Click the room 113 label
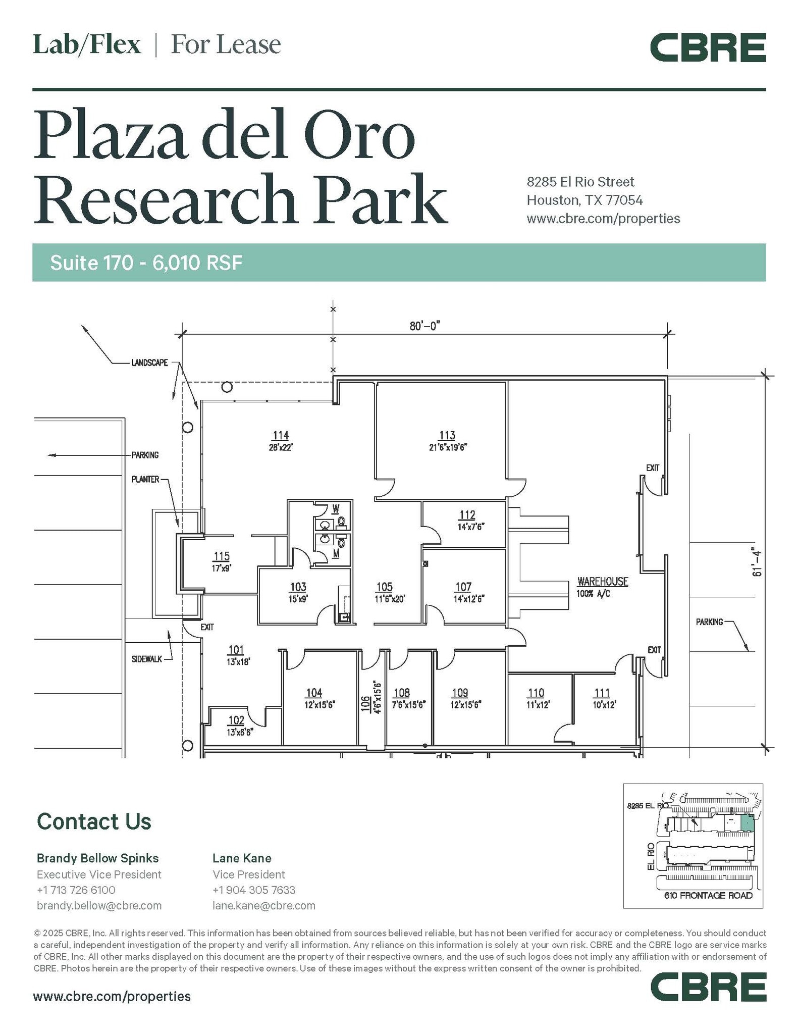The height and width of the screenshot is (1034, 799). click(x=447, y=435)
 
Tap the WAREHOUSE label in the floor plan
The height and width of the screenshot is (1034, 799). click(x=603, y=582)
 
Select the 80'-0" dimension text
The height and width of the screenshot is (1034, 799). click(x=425, y=326)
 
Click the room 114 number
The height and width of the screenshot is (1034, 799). click(x=281, y=435)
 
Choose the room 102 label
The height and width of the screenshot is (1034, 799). click(x=236, y=720)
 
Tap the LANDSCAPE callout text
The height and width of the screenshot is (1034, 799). click(x=149, y=363)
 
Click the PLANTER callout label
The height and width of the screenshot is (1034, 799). click(x=145, y=479)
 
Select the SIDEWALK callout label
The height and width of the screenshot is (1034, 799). click(x=147, y=659)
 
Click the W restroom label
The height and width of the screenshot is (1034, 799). click(x=336, y=508)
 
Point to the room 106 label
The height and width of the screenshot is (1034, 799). click(x=365, y=704)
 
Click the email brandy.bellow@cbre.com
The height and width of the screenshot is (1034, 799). click(x=99, y=905)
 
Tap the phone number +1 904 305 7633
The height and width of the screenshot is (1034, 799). click(x=254, y=890)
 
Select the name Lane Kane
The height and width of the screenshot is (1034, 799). click(x=242, y=858)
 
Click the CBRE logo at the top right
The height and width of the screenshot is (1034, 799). click(x=708, y=48)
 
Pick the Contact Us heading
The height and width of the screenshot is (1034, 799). click(x=94, y=821)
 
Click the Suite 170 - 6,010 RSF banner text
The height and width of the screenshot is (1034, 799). click(x=146, y=263)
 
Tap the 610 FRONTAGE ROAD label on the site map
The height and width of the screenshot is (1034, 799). click(x=708, y=895)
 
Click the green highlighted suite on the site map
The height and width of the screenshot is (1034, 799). click(x=747, y=823)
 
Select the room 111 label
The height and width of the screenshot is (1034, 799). click(x=602, y=693)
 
